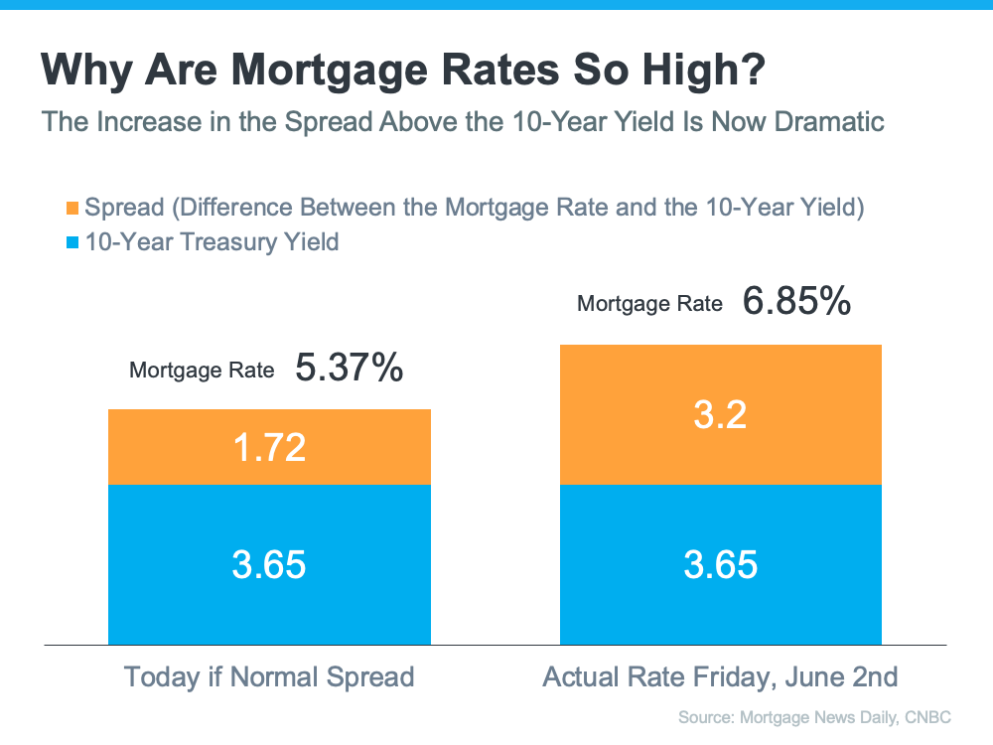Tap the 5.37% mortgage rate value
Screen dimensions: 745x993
coord(349,369)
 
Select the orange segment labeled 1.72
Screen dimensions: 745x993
coord(269,447)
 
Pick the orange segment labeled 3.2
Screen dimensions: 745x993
coord(720,414)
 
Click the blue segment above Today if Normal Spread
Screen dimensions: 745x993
coord(269,563)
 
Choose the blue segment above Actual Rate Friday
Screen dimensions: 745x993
coord(720,563)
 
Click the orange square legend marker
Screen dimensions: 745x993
coord(71,209)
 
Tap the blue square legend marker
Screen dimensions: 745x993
coord(71,241)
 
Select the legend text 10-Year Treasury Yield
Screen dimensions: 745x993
coord(212,241)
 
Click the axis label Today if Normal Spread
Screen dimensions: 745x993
coord(269,677)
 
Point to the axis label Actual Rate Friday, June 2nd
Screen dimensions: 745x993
coord(720,677)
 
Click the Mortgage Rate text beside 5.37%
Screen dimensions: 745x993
coord(202,371)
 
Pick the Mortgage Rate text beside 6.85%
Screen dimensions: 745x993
coord(649,304)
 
